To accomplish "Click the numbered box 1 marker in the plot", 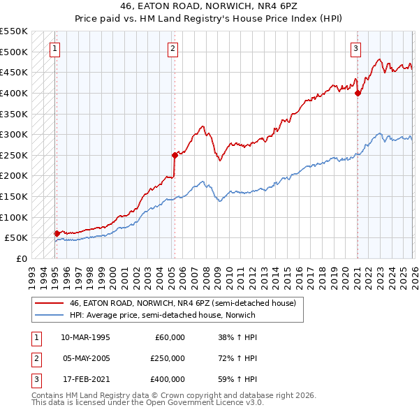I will point(55,49).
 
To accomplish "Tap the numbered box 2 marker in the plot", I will point(172,49).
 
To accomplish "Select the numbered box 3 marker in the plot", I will point(356,49).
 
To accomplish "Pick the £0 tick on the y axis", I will point(21,258).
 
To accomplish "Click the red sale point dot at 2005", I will point(175,155).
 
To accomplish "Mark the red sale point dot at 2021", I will point(358,93).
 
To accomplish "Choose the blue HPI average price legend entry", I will point(162,315).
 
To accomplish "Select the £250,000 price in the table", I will point(168,358).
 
